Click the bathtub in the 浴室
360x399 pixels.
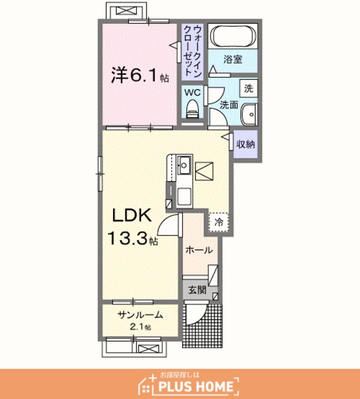(233, 36)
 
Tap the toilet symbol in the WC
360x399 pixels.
(192, 109)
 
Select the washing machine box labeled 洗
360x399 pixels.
(248, 89)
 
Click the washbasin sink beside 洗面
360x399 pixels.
(250, 115)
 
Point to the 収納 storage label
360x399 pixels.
(246, 144)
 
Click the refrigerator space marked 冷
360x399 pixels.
(218, 222)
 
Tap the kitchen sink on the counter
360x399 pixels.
(184, 165)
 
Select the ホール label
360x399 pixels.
(199, 251)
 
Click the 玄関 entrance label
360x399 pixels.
(197, 290)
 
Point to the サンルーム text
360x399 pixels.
(140, 315)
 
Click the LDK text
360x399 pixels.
(132, 215)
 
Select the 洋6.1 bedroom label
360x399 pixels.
(133, 75)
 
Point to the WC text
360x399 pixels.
(192, 92)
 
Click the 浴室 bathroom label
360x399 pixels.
(233, 59)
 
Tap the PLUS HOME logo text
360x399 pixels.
(195, 387)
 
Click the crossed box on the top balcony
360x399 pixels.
(127, 11)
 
